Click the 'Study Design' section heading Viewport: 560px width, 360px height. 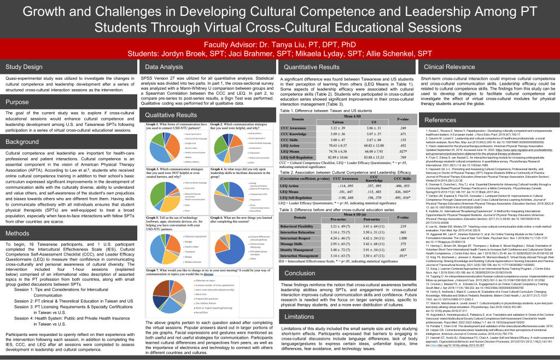(24, 67)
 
